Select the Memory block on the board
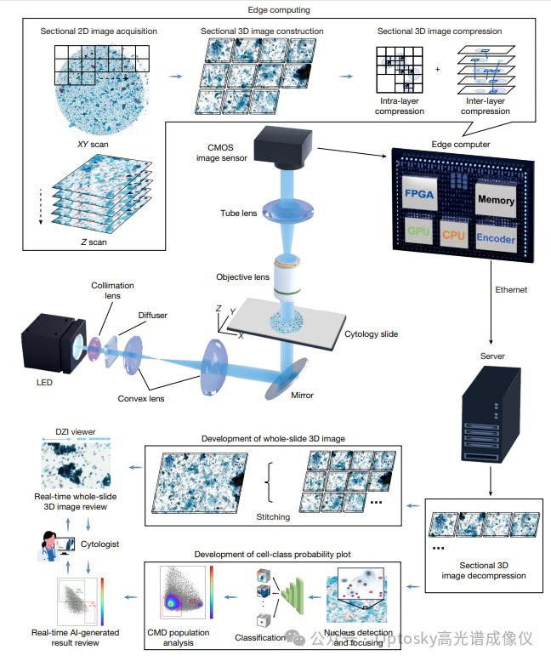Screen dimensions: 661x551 point(496,200)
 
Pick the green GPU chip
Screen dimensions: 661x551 point(418,231)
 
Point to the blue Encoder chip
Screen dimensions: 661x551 point(495,237)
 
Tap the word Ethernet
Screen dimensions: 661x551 point(511,290)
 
